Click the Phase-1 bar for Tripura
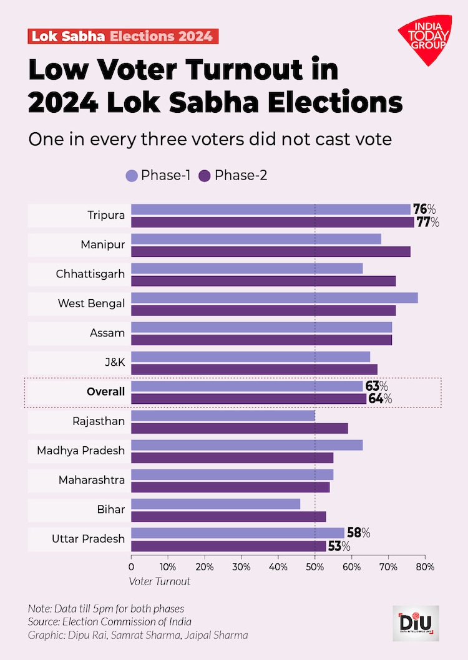point(270,209)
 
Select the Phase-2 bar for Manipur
point(270,251)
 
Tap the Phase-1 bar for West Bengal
point(274,298)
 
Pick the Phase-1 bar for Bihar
point(215,504)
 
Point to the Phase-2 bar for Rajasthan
point(239,428)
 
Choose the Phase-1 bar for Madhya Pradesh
point(246,445)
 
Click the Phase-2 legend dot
point(204,176)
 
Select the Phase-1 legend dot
point(131,176)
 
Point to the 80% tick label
point(425,567)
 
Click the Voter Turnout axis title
point(159,581)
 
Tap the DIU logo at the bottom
point(416,623)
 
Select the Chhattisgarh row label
point(90,274)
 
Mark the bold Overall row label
point(105,392)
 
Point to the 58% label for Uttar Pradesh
point(359,533)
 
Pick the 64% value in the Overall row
point(380,399)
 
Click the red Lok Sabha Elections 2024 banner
point(123,36)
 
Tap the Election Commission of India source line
point(109,621)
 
